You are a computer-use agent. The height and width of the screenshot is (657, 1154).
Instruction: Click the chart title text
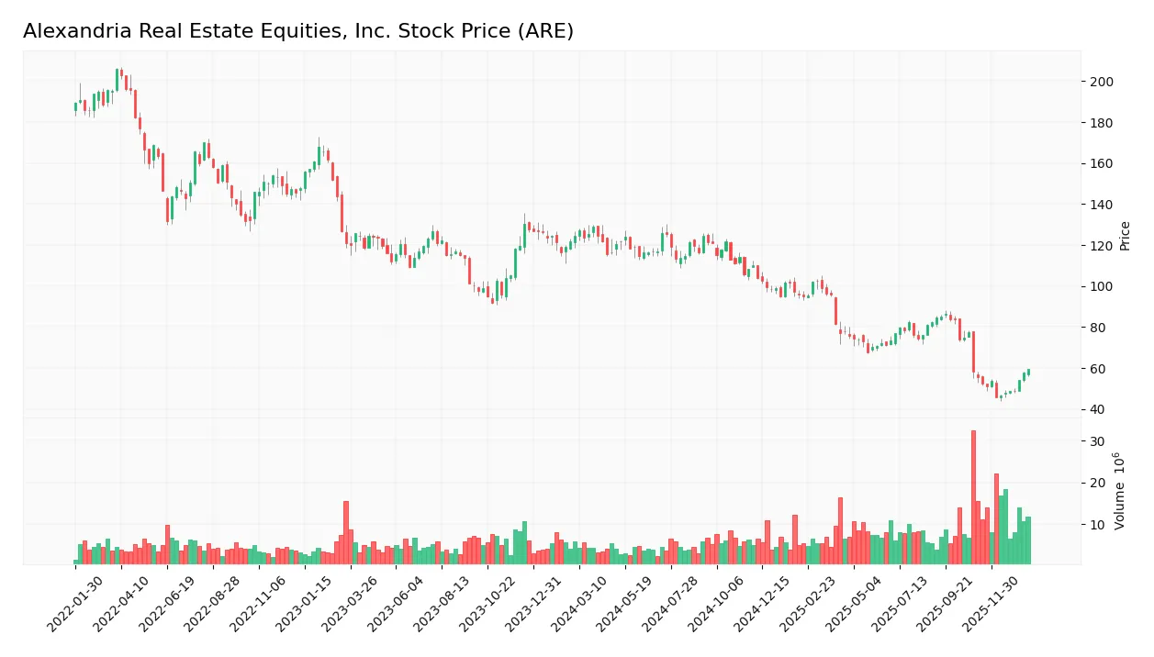pos(297,31)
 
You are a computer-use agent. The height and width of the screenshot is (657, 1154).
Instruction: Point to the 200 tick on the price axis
pos(1101,83)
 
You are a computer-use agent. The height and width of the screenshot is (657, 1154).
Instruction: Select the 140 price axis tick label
pos(1101,205)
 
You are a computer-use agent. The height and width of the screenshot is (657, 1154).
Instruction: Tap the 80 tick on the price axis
pos(1097,328)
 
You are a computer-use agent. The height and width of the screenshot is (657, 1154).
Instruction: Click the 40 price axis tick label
pos(1097,409)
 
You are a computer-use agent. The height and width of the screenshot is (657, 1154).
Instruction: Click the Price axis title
pos(1125,236)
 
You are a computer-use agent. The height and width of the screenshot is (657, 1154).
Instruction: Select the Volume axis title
pos(1121,491)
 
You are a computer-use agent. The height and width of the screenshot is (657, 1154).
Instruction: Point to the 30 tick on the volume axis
pos(1097,441)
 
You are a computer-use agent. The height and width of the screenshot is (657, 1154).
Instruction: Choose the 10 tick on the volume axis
pos(1097,524)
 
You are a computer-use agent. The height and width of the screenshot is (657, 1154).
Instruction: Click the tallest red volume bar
pos(973,496)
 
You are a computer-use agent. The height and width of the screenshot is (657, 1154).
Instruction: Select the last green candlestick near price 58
pos(1028,372)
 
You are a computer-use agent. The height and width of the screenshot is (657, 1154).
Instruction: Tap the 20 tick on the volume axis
pos(1097,483)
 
